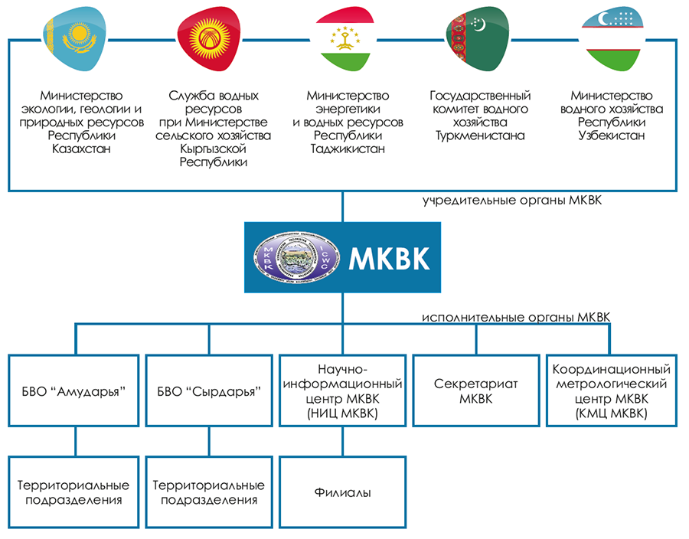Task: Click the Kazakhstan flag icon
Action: click(x=75, y=37)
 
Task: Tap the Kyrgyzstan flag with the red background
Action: click(x=209, y=37)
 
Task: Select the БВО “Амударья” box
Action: click(x=74, y=390)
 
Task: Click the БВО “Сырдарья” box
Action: click(x=209, y=390)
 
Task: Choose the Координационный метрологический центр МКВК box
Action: click(x=611, y=390)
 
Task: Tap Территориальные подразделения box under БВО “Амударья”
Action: click(x=74, y=492)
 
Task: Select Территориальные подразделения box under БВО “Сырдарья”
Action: click(x=209, y=492)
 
